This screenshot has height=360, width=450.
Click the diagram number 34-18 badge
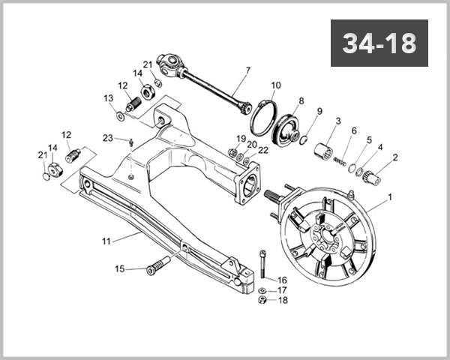click(x=379, y=43)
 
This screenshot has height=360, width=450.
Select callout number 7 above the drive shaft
click(x=247, y=73)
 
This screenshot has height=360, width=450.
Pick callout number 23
click(x=108, y=138)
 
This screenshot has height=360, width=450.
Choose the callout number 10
click(x=276, y=85)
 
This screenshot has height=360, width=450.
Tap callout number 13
click(x=108, y=98)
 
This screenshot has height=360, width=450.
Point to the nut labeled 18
click(x=263, y=300)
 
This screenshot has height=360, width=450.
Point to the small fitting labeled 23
click(x=131, y=142)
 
